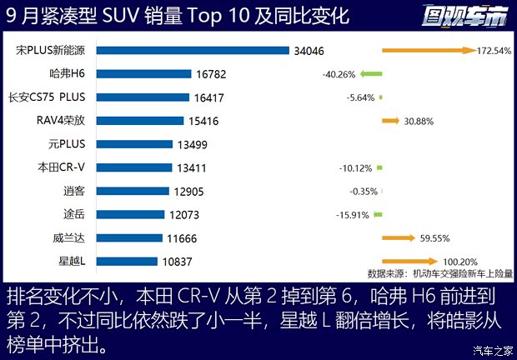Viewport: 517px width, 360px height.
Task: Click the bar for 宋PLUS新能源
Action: point(194,51)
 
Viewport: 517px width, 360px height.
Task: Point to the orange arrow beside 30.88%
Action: point(390,121)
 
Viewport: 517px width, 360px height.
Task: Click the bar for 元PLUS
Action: point(136,144)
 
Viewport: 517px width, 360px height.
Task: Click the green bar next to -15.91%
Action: point(379,214)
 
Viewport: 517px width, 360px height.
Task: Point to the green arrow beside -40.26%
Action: point(371,74)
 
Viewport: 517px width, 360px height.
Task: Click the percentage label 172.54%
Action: point(494,51)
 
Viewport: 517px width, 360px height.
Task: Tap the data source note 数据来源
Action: point(440,272)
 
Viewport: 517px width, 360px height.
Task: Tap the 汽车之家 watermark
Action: point(491,349)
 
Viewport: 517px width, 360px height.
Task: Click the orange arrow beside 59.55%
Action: point(399,238)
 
